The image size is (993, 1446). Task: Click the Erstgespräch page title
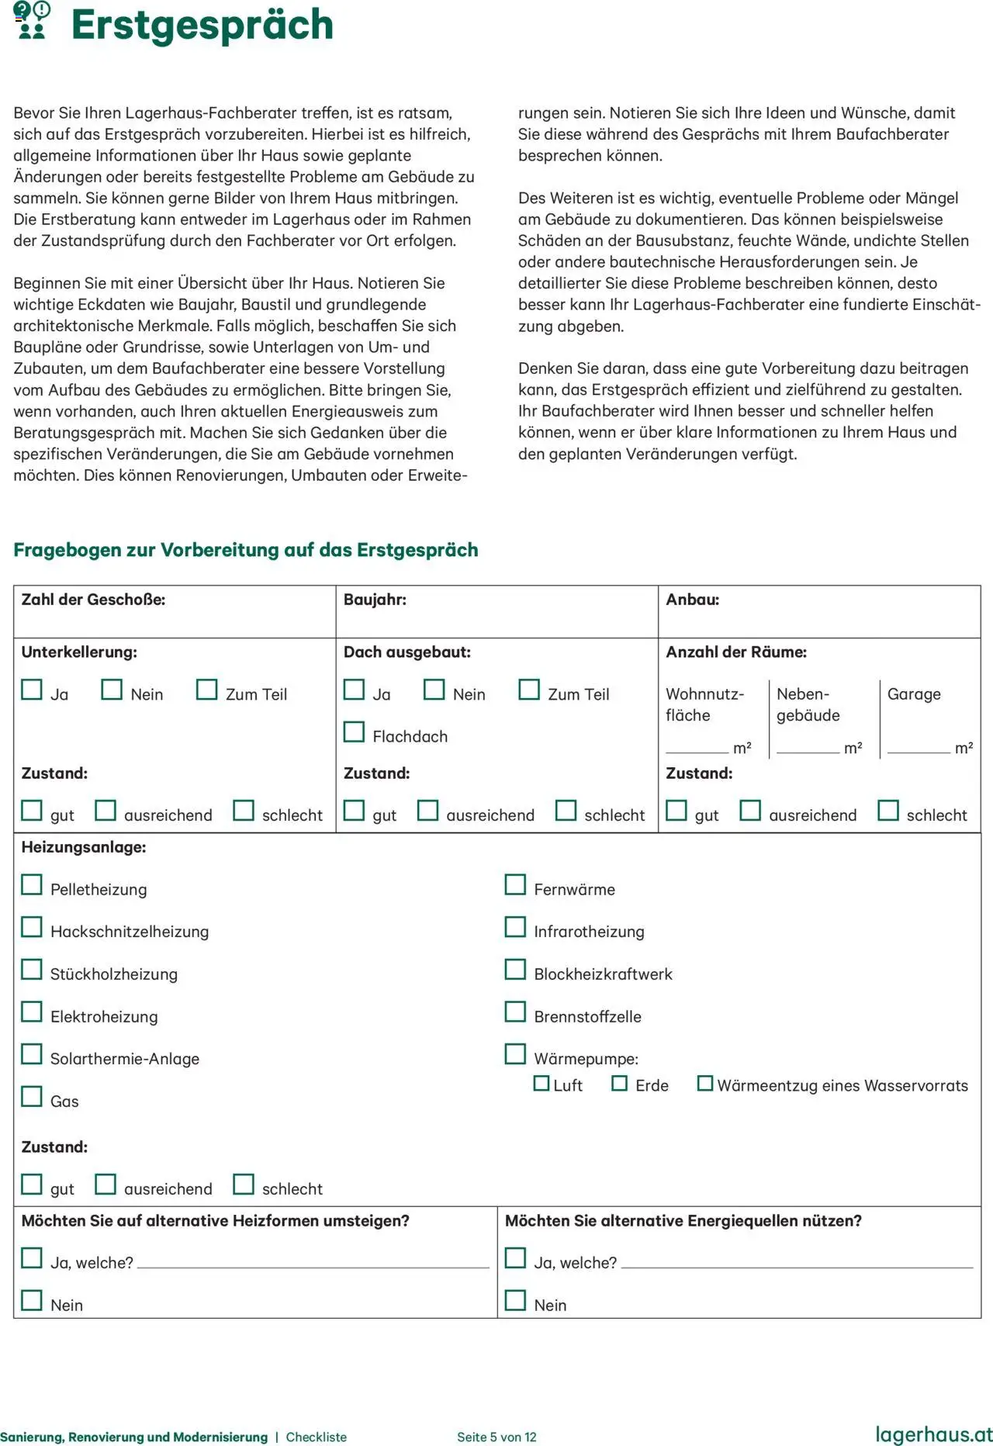(x=202, y=25)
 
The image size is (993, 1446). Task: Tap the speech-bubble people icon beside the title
(x=32, y=20)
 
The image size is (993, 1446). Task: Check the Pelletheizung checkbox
(x=32, y=884)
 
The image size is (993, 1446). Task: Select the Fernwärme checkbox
(x=515, y=884)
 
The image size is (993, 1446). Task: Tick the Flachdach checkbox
(x=354, y=732)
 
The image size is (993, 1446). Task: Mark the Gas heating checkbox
(x=32, y=1096)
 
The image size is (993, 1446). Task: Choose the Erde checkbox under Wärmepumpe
(x=619, y=1083)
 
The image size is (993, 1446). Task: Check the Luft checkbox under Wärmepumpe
(x=541, y=1083)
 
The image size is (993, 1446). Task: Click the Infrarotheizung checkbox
(x=515, y=927)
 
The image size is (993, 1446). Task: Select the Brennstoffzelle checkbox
(x=515, y=1012)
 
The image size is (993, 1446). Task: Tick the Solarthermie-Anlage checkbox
(x=32, y=1054)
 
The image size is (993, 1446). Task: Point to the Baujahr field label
(x=375, y=600)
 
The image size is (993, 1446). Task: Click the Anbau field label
(x=692, y=600)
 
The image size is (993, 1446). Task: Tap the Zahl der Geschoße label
(x=93, y=600)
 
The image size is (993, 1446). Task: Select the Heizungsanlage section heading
(x=84, y=847)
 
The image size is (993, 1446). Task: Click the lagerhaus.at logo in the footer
(x=933, y=1434)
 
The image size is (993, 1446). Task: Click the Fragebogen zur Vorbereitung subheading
(x=245, y=550)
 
